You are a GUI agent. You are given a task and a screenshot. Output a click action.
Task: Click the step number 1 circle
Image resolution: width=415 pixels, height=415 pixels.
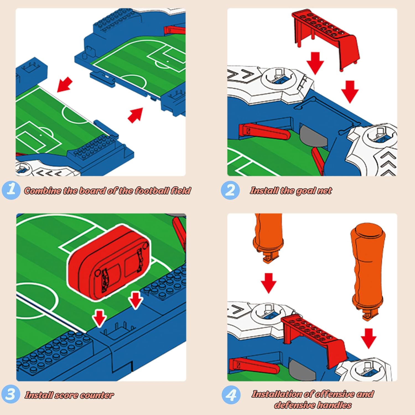pyautogui.click(x=11, y=190)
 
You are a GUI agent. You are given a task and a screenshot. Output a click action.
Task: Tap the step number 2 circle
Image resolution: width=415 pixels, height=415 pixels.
pyautogui.click(x=230, y=190)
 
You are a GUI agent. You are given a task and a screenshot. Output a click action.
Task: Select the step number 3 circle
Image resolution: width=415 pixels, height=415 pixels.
pyautogui.click(x=11, y=394)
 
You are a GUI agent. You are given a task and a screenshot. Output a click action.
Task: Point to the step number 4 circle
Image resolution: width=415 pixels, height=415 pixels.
pyautogui.click(x=231, y=395)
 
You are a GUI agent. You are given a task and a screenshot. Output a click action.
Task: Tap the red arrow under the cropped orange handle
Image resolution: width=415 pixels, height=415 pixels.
pyautogui.click(x=268, y=283)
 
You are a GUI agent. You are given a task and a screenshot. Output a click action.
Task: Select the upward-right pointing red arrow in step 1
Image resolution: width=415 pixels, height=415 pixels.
pyautogui.click(x=135, y=115)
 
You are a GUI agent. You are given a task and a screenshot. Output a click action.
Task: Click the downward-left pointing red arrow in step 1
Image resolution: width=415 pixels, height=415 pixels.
pyautogui.click(x=65, y=85)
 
